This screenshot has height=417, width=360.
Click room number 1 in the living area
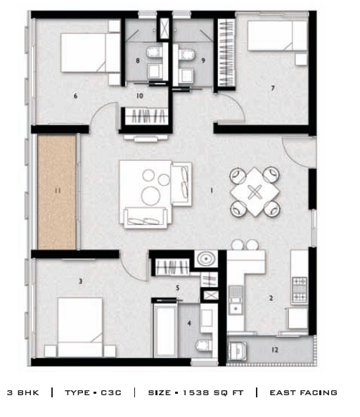(x=212, y=191)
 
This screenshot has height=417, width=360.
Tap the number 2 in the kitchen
(x=271, y=298)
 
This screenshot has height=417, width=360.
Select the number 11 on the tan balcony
(x=58, y=191)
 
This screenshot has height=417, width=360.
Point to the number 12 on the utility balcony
(x=275, y=349)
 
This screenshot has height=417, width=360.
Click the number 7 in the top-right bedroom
(x=273, y=88)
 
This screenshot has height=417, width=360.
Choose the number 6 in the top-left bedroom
(x=75, y=96)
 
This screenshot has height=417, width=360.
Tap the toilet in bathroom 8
(x=154, y=51)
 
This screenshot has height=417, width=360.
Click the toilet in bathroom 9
(x=186, y=54)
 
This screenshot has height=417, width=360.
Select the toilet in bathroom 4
(x=204, y=345)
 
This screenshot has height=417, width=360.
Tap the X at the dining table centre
(x=255, y=192)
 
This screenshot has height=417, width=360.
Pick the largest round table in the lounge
(x=150, y=195)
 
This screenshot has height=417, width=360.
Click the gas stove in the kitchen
(x=300, y=290)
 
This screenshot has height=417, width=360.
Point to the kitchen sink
(x=236, y=300)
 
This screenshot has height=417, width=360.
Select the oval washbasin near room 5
(x=206, y=258)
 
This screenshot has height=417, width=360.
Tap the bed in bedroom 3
(x=80, y=328)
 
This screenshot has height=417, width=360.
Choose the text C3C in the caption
(x=111, y=393)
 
